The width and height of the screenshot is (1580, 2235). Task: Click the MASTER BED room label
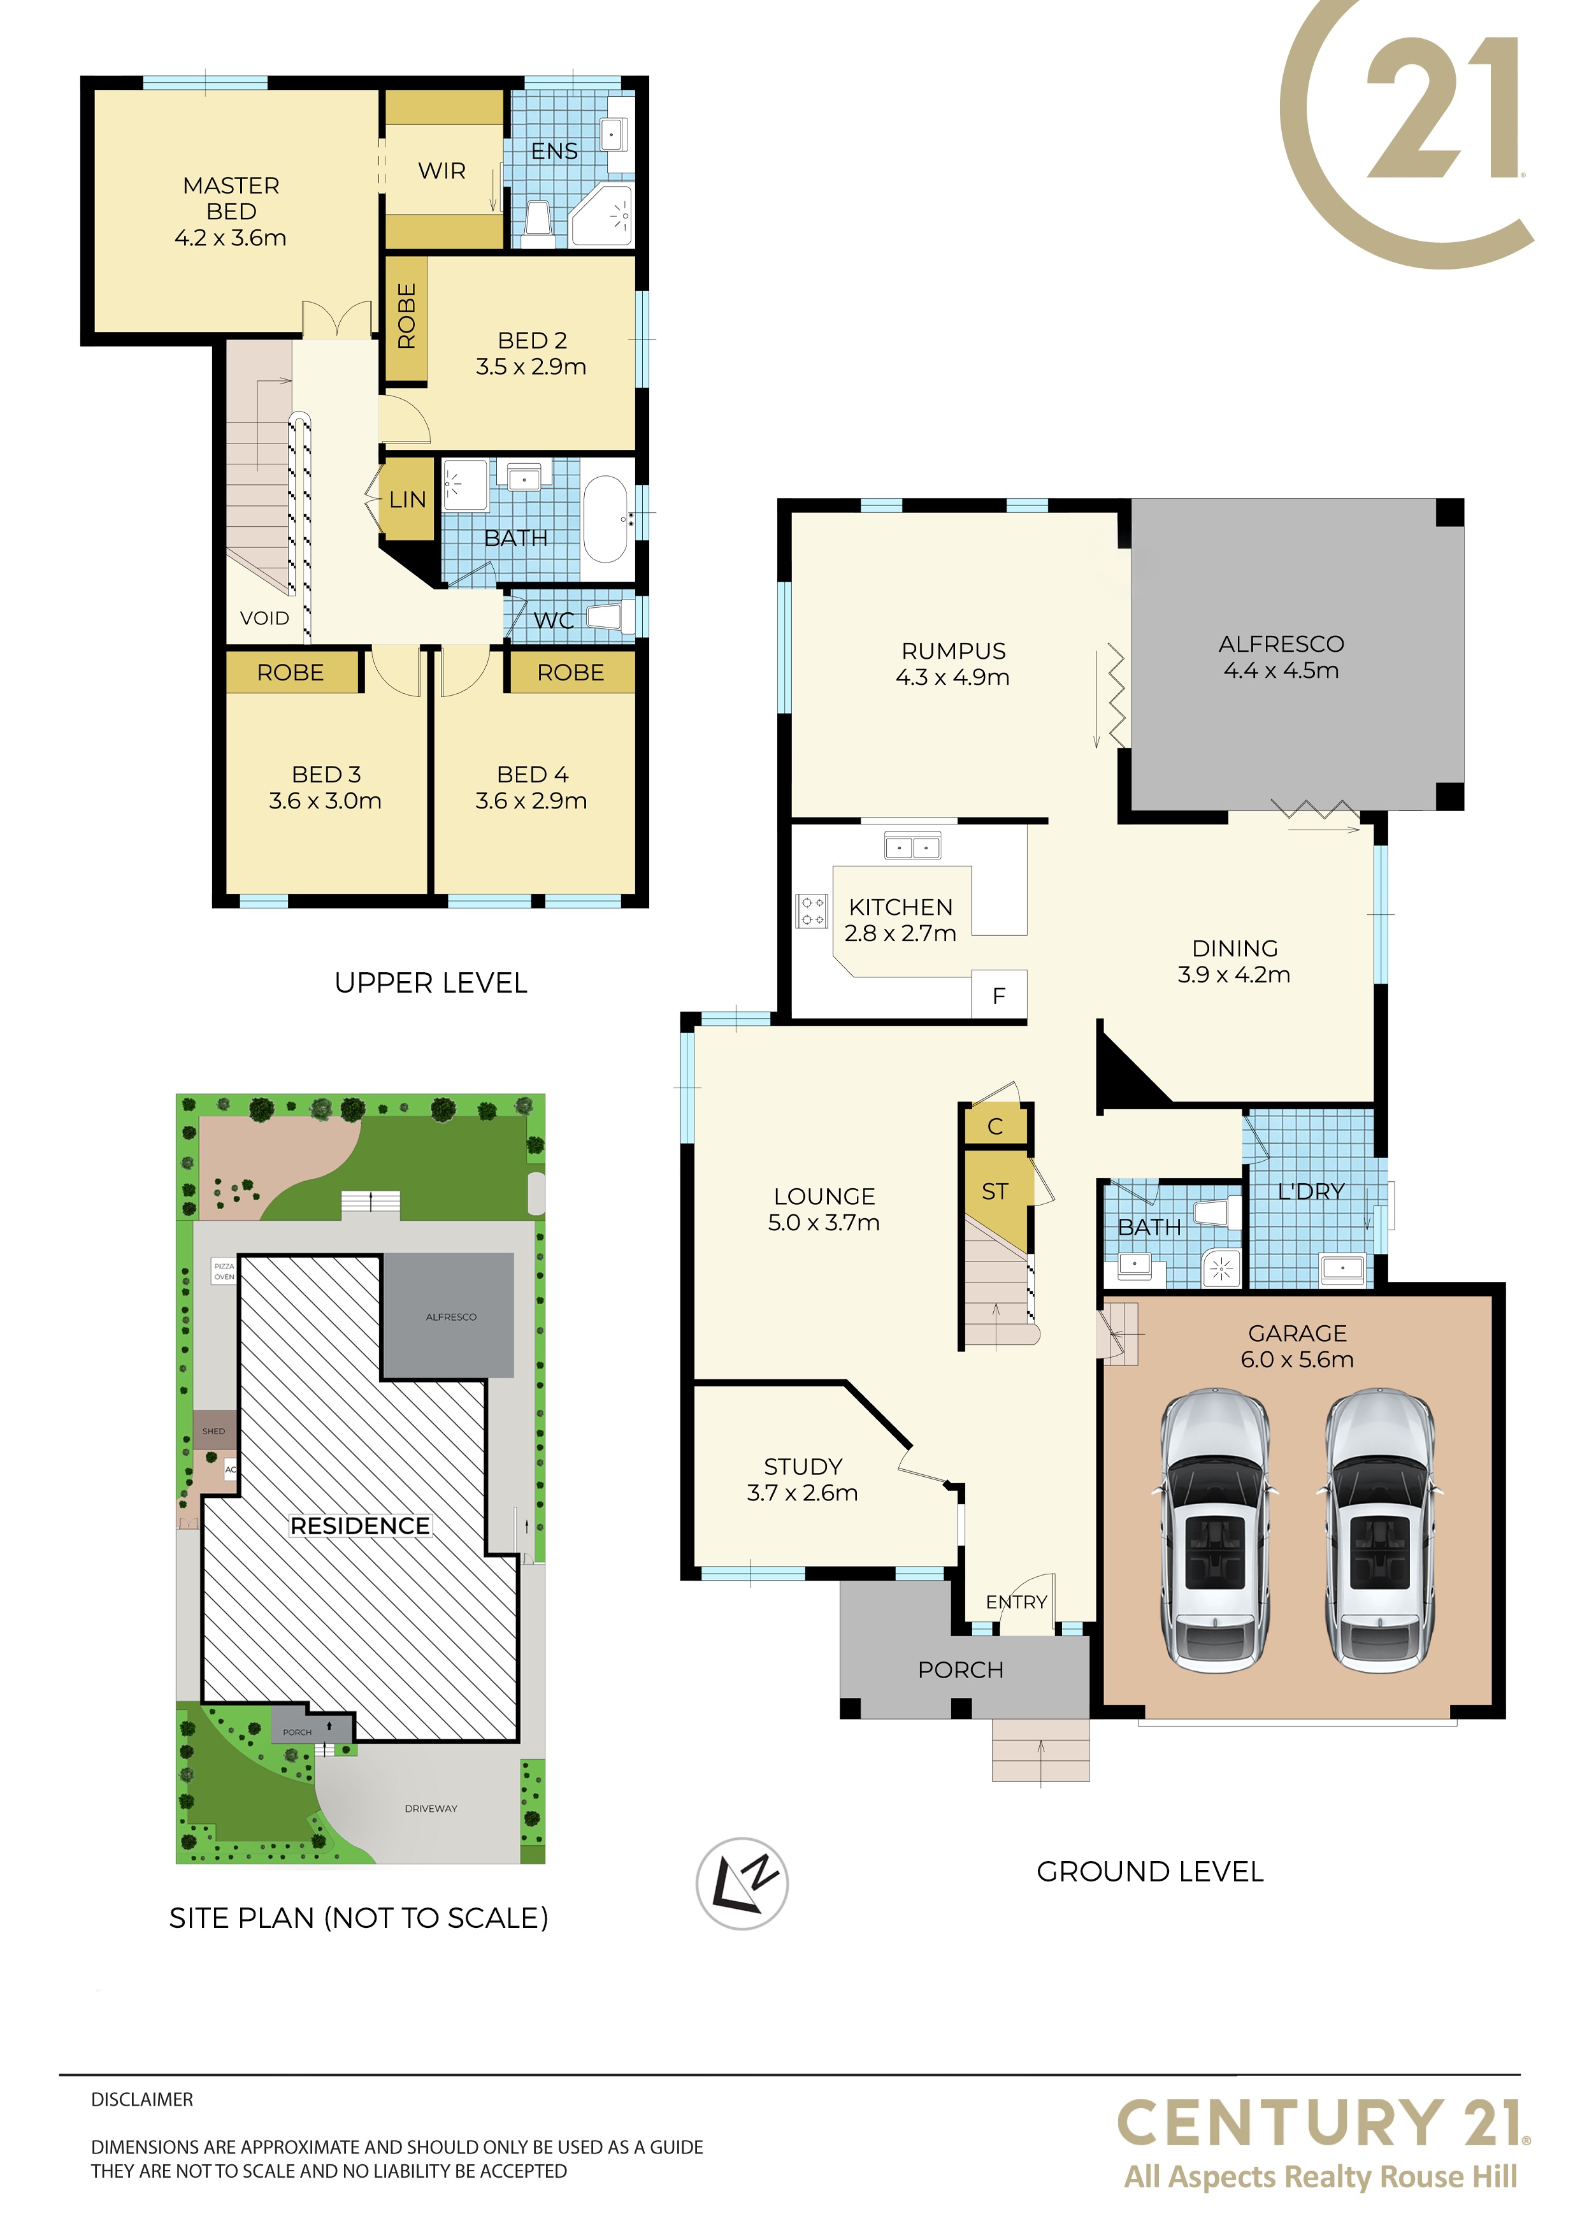tap(231, 199)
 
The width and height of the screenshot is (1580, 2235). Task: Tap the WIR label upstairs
tap(442, 171)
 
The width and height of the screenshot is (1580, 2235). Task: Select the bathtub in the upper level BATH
tap(605, 520)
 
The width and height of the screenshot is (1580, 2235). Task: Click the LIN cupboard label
tap(407, 500)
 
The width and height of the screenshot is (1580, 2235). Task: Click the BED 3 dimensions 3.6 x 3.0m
tap(325, 801)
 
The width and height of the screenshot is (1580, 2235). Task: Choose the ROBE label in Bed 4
tap(570, 673)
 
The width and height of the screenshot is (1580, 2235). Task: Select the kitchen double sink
tap(912, 846)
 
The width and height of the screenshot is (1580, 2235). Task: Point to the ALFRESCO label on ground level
tap(1281, 644)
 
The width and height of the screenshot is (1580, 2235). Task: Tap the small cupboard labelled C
tap(995, 1126)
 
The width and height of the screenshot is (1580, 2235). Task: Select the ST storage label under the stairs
tap(995, 1191)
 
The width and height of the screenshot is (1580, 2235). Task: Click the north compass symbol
tap(742, 1883)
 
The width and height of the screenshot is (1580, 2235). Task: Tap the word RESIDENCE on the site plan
tap(360, 1527)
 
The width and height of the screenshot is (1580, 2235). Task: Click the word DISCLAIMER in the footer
tap(142, 2100)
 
